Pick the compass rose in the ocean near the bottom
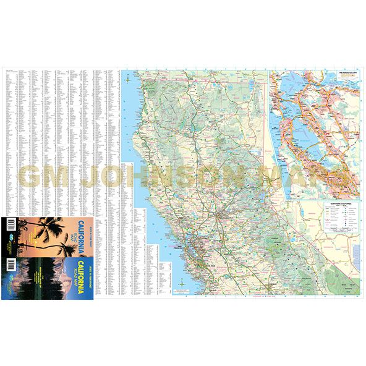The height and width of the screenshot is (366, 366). tap(183, 284)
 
